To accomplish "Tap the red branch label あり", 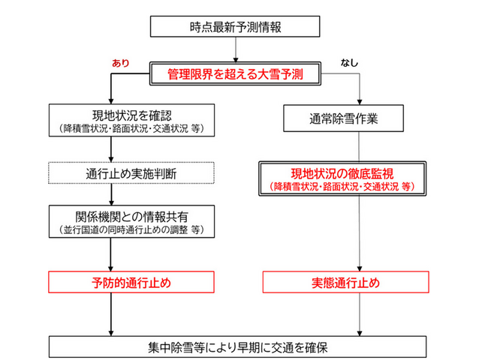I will point(120,63).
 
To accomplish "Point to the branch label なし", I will point(350,63).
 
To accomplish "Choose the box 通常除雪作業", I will point(361,118).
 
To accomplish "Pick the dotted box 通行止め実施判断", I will point(111,173).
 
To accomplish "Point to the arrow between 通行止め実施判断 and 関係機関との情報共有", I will point(111,193).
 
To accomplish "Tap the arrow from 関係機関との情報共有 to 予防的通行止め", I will point(111,255).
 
